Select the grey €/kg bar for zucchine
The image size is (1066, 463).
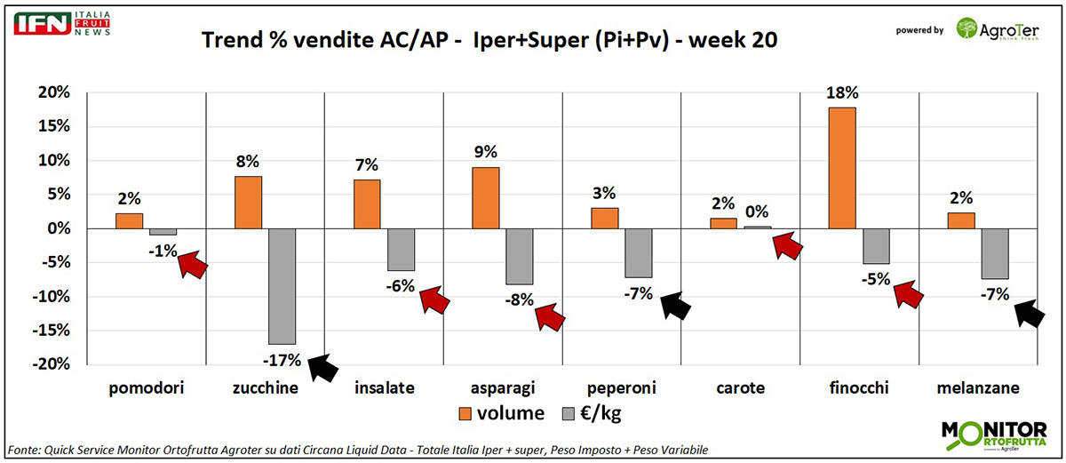point(282,286)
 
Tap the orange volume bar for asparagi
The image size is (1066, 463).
point(485,198)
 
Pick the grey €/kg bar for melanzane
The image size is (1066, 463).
point(994,253)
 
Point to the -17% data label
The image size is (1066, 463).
point(282,360)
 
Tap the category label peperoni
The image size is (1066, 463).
point(622,388)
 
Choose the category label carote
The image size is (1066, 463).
point(741,388)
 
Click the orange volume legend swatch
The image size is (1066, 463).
point(465,413)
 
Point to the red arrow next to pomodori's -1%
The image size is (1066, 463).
point(193,264)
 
